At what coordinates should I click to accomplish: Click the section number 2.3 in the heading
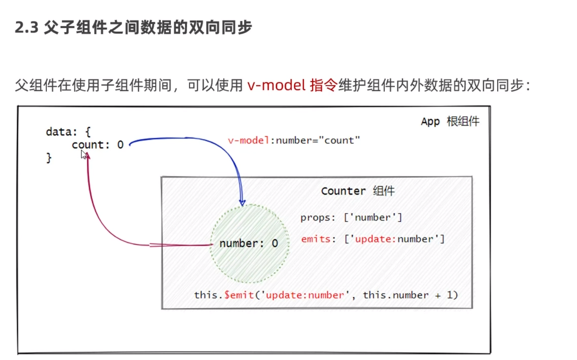27,27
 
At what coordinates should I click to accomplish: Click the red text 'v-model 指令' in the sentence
292,85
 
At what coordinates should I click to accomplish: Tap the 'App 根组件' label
450,121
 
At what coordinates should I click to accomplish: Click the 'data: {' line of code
68,132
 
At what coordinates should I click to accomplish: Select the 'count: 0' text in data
98,145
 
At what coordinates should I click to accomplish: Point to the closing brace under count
49,157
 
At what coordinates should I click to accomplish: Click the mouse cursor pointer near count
83,154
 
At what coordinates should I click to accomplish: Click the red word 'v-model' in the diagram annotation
248,140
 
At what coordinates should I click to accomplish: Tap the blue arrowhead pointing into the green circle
242,202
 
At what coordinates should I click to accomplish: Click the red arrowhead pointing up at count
88,156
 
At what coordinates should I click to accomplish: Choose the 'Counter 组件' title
357,191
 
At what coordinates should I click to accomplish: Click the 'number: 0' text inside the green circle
248,243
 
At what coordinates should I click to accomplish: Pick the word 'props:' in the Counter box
317,217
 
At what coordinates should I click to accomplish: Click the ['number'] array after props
373,217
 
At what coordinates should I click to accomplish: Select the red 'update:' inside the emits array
375,239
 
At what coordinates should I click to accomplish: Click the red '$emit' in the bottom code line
239,295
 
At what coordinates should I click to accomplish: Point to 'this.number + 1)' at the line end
410,295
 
